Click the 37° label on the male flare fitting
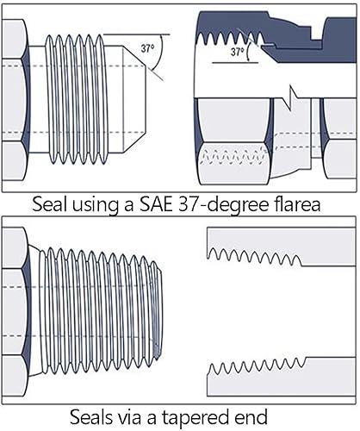pos(147,49)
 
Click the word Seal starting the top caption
pos(48,205)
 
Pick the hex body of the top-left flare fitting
pos(13,99)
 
